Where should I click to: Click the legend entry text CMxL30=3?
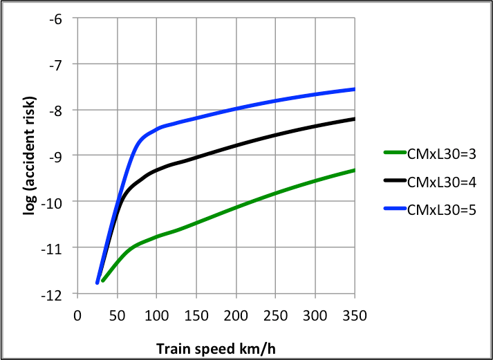click(x=438, y=155)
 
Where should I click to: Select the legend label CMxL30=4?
click(x=438, y=181)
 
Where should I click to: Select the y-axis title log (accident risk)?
click(x=30, y=157)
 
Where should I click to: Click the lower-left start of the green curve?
click(x=102, y=281)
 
